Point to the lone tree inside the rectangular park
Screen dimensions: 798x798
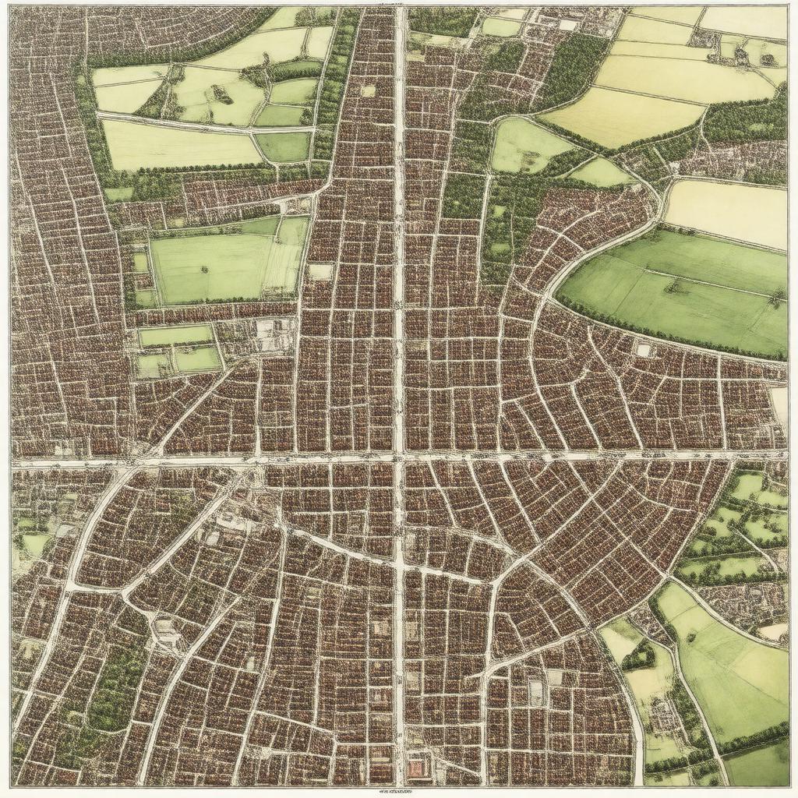click(204, 270)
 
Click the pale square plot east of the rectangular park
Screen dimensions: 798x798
click(320, 272)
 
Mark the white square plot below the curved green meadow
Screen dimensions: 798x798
click(643, 350)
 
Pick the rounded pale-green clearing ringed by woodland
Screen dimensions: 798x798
click(527, 146)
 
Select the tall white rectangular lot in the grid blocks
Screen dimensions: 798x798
click(536, 691)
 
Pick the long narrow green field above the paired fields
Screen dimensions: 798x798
click(175, 336)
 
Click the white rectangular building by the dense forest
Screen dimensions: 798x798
click(567, 25)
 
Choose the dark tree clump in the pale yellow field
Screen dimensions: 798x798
click(221, 95)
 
